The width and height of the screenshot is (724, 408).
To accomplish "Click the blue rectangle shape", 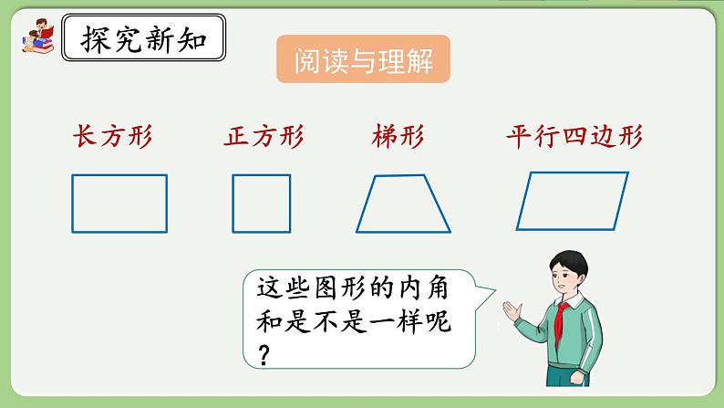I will click(x=119, y=203).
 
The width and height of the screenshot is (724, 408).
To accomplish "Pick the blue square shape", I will click(x=261, y=203).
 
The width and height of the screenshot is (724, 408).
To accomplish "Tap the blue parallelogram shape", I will click(x=573, y=202).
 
